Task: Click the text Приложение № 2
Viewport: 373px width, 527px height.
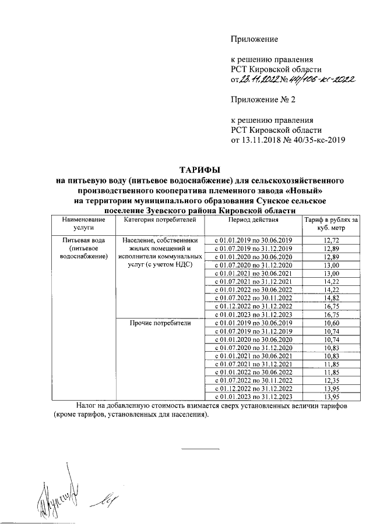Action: click(264, 100)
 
